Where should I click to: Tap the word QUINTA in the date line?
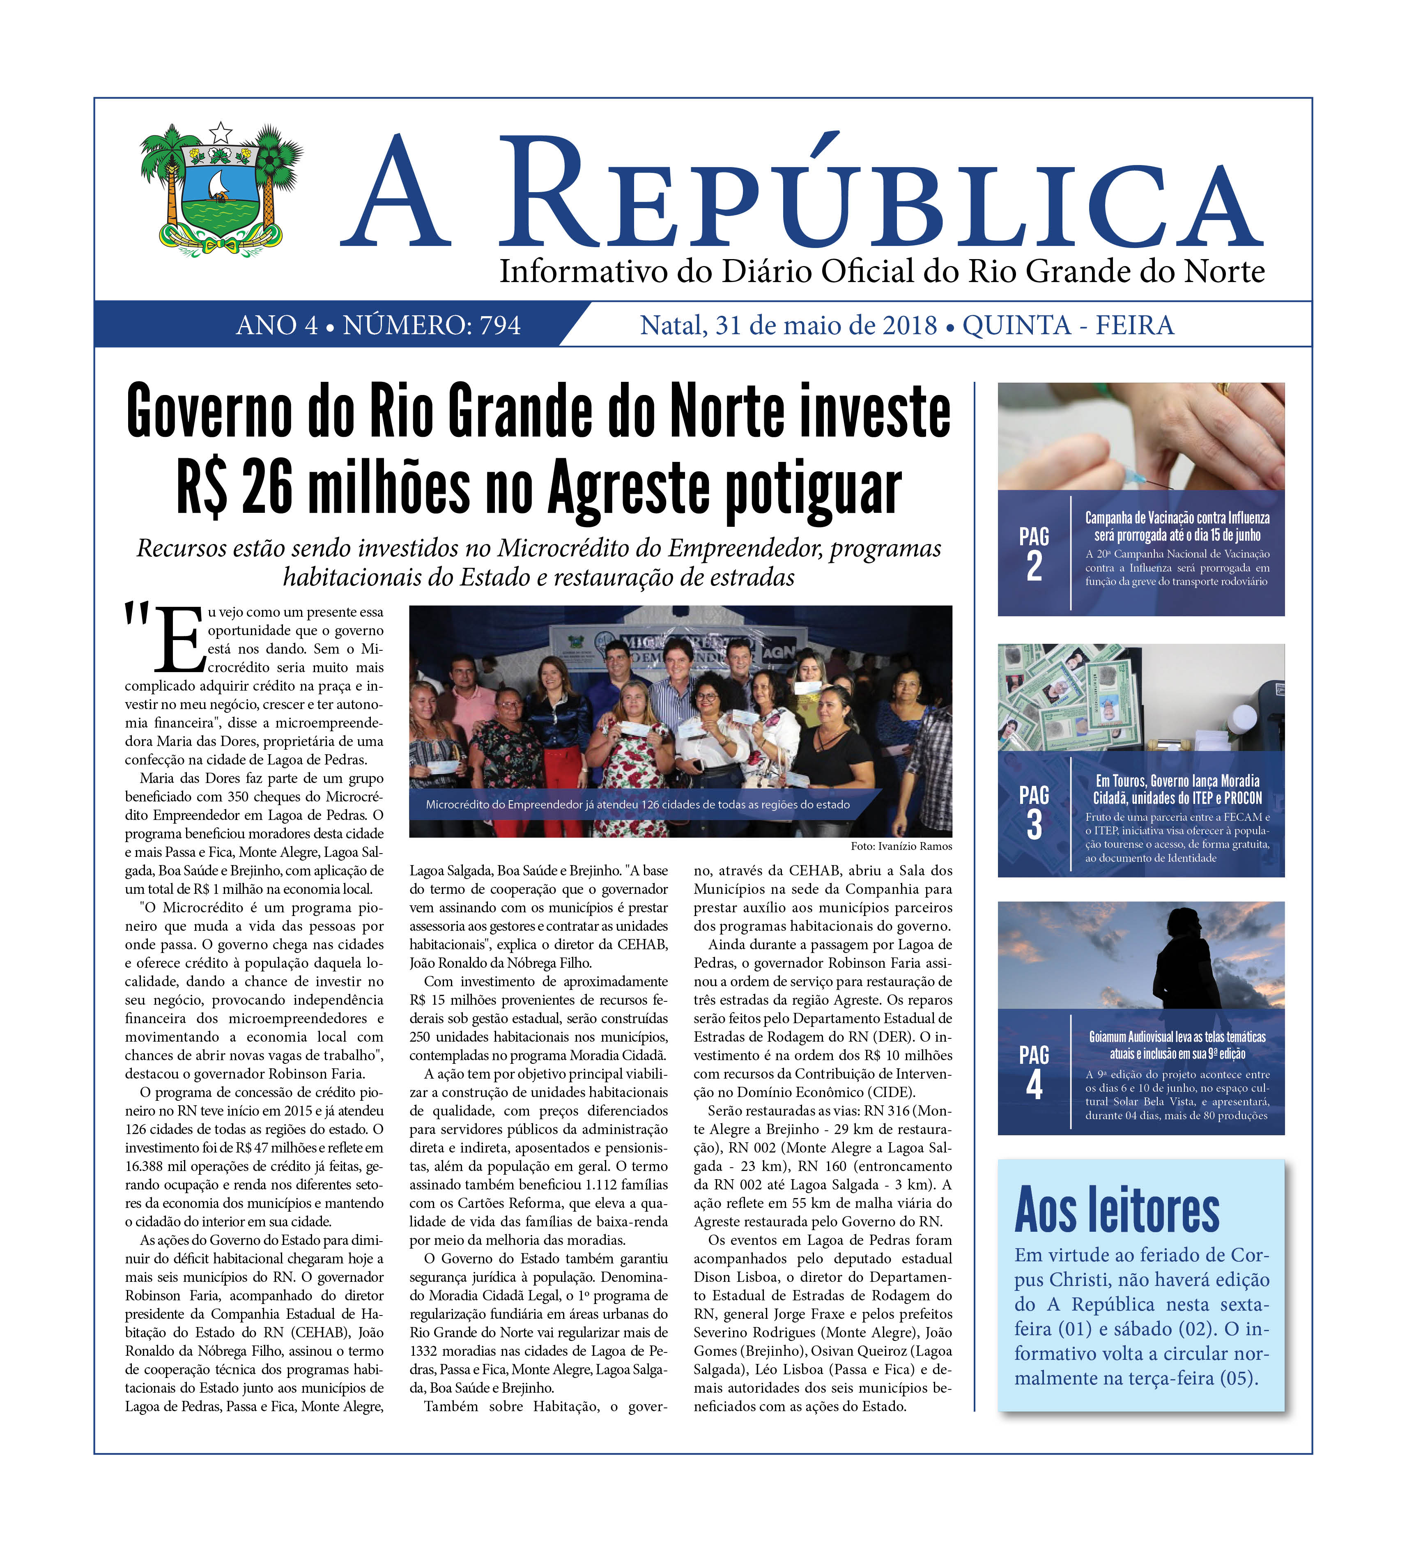tap(1016, 326)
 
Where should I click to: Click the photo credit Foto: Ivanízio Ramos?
tap(901, 846)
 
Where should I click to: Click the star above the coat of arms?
tap(221, 132)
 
